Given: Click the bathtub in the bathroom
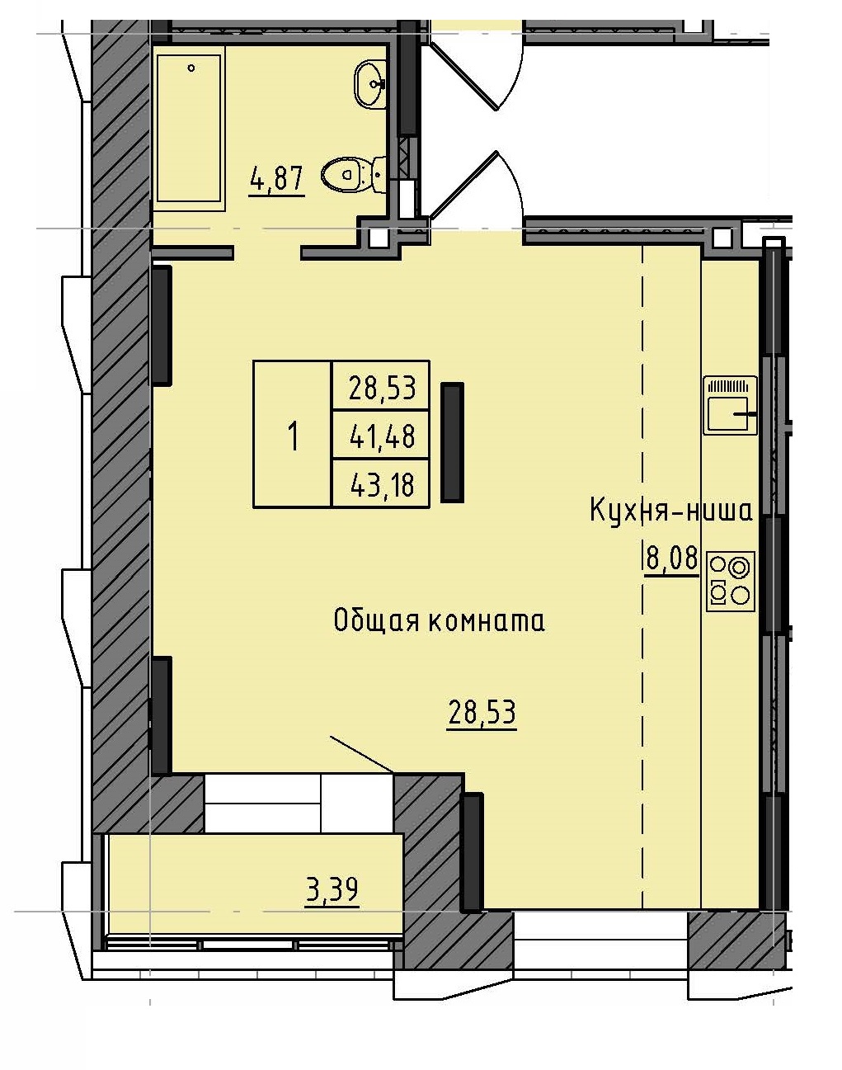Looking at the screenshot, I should pos(189,128).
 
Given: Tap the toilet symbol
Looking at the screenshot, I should pos(350,173).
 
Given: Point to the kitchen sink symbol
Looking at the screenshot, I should pos(730,405).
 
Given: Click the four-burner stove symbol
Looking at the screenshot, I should pos(730,581).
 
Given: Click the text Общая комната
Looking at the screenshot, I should pos(439,620).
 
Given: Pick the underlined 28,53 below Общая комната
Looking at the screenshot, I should pos(482,712).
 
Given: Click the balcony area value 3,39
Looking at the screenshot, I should pos(332,890).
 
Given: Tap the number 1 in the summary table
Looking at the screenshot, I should pos(292,435).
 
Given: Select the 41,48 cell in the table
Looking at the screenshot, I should pos(381,435).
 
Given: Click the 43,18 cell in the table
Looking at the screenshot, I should pos(381,484).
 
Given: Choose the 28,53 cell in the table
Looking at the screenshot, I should pos(381,386).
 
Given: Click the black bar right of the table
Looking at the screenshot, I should pos(452,442).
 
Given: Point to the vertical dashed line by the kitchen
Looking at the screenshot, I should pos(642,577).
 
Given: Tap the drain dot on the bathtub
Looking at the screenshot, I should pos(191,68).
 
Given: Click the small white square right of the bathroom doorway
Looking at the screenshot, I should pos(378,238).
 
